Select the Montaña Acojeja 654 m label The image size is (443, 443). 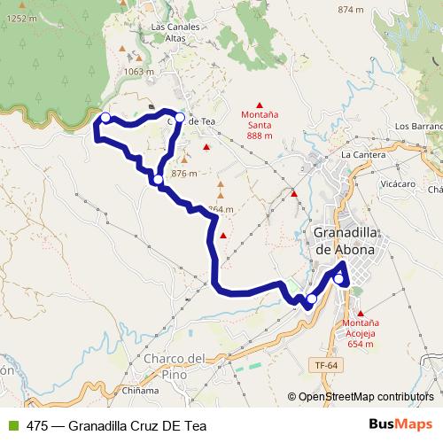(361, 334)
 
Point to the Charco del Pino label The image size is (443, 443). (174, 365)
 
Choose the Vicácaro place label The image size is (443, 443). (398, 184)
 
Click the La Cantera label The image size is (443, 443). (359, 154)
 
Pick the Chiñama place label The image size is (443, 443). (141, 390)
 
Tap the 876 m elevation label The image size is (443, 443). (183, 174)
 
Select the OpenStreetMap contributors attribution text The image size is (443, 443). (365, 397)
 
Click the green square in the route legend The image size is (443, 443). (12, 425)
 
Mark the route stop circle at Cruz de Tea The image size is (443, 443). (180, 117)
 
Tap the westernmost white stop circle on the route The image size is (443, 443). (105, 118)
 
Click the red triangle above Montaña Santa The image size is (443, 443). (260, 105)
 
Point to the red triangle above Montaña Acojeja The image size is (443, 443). (361, 313)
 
